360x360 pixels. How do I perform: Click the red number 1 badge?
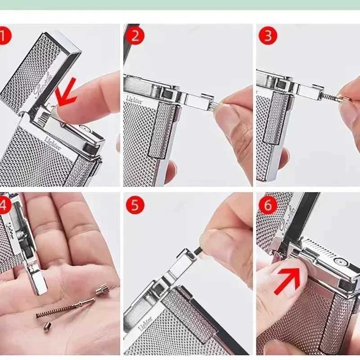pos(4,36)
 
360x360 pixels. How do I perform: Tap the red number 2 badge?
pos(135,36)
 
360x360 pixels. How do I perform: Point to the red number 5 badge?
pos(135,205)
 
